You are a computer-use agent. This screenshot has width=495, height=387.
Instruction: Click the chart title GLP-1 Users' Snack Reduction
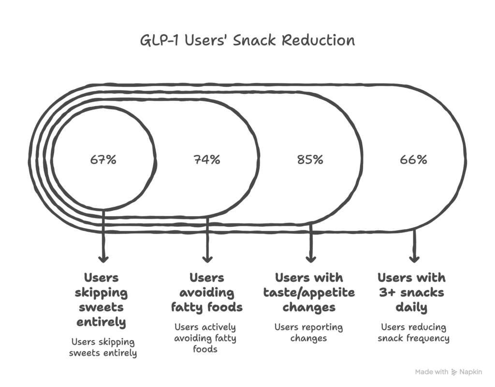tap(247, 40)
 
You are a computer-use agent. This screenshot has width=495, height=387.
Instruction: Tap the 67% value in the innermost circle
tap(103, 160)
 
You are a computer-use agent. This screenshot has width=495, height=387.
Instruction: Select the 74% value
tap(207, 160)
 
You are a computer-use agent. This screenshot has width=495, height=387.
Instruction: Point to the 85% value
tap(310, 160)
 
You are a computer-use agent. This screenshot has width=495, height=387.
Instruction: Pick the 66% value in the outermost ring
tap(414, 160)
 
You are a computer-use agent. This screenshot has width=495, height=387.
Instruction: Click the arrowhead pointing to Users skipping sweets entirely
tap(103, 258)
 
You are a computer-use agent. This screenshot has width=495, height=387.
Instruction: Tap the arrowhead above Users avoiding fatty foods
tap(207, 258)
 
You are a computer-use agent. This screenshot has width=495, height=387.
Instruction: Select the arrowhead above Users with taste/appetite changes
tap(310, 258)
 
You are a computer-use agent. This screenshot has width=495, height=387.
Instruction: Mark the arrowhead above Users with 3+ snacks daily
tap(414, 258)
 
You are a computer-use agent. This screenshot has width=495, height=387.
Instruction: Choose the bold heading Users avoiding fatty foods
tap(206, 292)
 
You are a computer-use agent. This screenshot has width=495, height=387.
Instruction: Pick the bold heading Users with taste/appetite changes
tap(309, 292)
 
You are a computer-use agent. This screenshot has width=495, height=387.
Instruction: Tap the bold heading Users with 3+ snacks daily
tap(411, 292)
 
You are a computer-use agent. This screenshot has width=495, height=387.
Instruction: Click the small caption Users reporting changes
tap(308, 332)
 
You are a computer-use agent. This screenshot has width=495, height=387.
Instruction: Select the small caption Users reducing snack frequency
tap(413, 332)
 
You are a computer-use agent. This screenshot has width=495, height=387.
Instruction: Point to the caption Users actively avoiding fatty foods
tap(205, 338)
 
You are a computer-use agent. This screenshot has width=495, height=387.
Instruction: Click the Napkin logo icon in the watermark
tap(454, 372)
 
